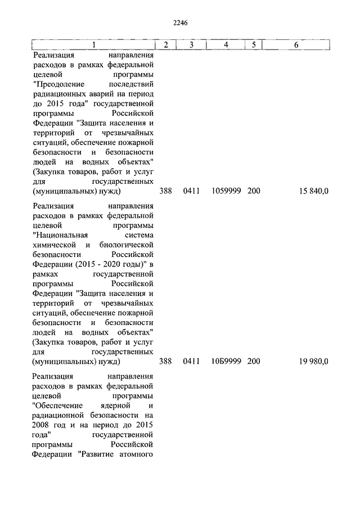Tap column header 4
[226, 44]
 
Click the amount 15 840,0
[313, 192]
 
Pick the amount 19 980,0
[313, 361]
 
